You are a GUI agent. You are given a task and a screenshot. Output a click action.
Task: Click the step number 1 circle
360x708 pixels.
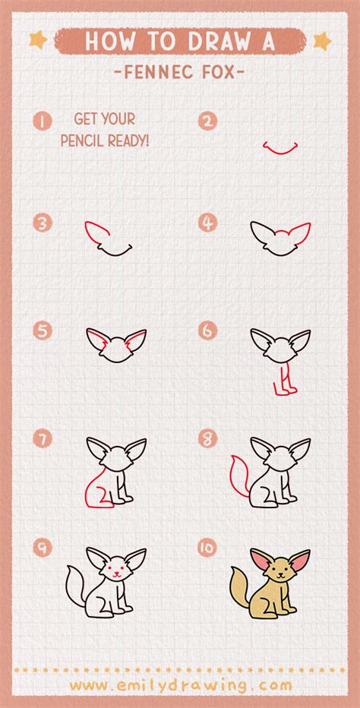tap(43, 121)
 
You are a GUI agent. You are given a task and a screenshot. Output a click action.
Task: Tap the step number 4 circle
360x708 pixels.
tap(207, 223)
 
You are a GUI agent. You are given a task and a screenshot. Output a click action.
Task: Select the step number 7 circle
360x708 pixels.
tap(43, 438)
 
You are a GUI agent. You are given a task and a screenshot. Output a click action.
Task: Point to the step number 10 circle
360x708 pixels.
tap(207, 548)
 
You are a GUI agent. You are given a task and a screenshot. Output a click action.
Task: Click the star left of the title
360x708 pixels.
tap(38, 40)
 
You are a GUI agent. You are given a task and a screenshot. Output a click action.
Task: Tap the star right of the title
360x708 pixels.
tap(322, 40)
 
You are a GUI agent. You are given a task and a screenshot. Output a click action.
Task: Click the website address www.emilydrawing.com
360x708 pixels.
tap(181, 685)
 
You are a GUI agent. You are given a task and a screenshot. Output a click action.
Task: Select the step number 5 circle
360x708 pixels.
tap(43, 331)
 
